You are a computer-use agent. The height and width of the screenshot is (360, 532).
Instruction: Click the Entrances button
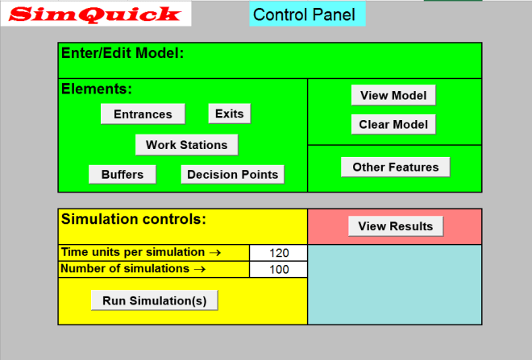tap(143, 114)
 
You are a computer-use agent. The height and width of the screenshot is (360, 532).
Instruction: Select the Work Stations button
tap(186, 145)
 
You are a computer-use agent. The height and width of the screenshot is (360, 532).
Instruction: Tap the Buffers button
tap(123, 174)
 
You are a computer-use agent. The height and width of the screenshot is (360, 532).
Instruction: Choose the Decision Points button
tap(232, 174)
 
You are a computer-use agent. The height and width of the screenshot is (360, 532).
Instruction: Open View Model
tap(393, 95)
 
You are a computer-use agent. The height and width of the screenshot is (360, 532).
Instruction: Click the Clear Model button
tap(393, 124)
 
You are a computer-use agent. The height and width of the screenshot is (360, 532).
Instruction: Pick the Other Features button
tap(395, 167)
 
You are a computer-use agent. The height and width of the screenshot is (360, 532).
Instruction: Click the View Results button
tap(395, 226)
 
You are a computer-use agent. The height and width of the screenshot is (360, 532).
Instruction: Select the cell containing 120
tap(279, 253)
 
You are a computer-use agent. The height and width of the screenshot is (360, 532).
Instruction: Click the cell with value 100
tap(279, 270)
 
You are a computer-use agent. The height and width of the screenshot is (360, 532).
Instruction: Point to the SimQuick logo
tap(96, 14)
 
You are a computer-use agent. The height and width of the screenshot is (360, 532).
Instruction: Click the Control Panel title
tap(304, 14)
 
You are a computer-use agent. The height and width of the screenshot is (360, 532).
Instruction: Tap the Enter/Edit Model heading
tap(123, 53)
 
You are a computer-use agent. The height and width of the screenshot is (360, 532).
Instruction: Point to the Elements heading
tap(97, 89)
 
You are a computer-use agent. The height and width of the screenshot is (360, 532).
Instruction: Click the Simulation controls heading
tap(134, 218)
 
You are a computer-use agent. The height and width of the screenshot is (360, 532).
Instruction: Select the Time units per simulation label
tap(141, 252)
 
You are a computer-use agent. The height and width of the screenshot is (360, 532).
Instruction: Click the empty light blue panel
tap(395, 284)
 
